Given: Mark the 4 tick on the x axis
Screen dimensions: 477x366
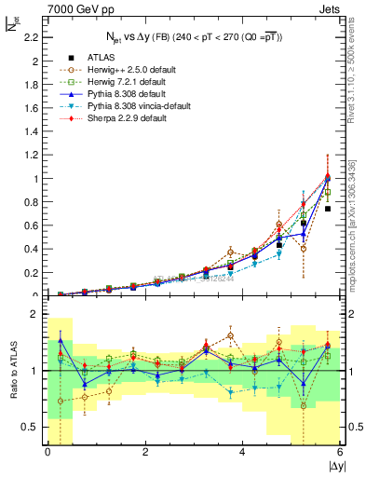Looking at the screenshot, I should click(243, 452).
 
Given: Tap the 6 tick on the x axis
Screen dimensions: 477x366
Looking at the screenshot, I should click(341, 452).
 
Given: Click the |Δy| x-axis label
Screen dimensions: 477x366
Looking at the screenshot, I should click(333, 466).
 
